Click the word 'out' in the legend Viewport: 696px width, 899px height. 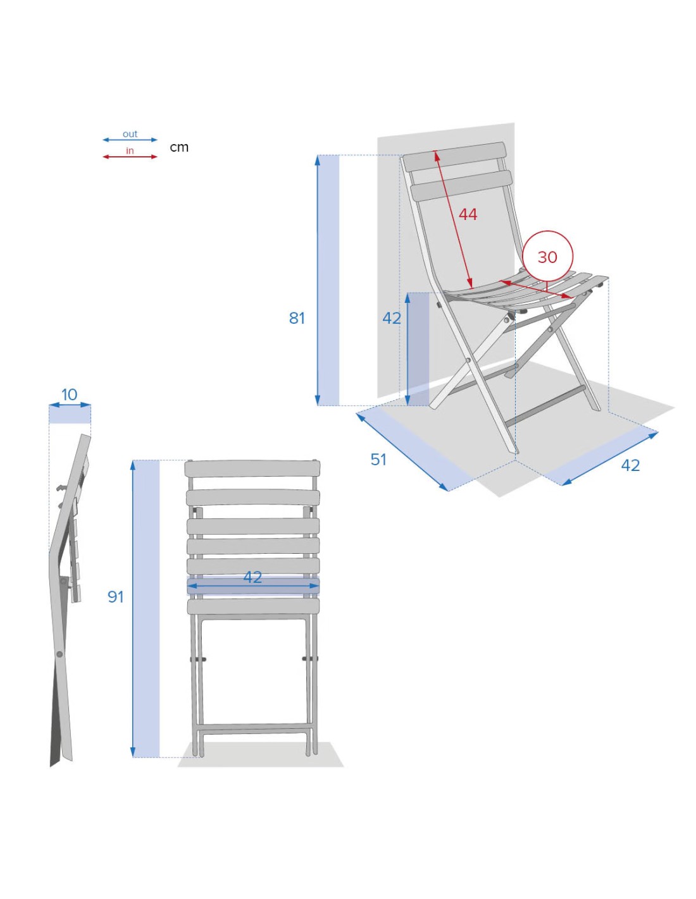click(x=130, y=134)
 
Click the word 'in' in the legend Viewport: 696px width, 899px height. click(x=130, y=151)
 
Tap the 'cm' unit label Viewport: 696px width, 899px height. click(x=179, y=147)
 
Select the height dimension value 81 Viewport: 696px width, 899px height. click(x=297, y=318)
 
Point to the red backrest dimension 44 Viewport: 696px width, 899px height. click(x=468, y=214)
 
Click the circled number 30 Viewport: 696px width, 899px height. click(x=547, y=257)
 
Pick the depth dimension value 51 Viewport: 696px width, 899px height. click(x=378, y=460)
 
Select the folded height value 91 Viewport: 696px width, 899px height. click(x=116, y=597)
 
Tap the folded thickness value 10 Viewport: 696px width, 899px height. click(x=70, y=394)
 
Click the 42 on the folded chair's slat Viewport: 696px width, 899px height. click(x=252, y=577)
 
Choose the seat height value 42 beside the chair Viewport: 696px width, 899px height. click(x=392, y=318)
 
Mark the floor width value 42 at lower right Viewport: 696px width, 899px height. click(x=630, y=465)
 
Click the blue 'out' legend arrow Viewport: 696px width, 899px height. click(x=130, y=140)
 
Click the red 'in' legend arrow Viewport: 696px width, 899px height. click(x=130, y=157)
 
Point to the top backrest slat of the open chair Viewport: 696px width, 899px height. click(x=454, y=157)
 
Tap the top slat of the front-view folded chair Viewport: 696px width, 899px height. click(x=252, y=468)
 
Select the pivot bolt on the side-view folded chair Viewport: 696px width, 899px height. click(x=59, y=654)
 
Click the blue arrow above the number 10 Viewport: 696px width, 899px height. click(x=70, y=405)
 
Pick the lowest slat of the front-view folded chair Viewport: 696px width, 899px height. click(x=253, y=606)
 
